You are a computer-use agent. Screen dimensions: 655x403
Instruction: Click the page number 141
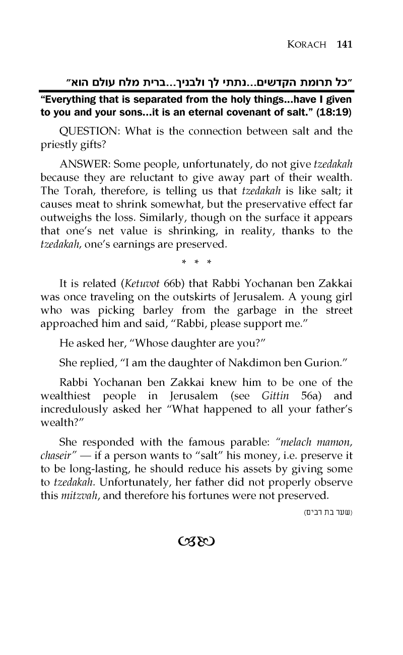pos(344,44)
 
